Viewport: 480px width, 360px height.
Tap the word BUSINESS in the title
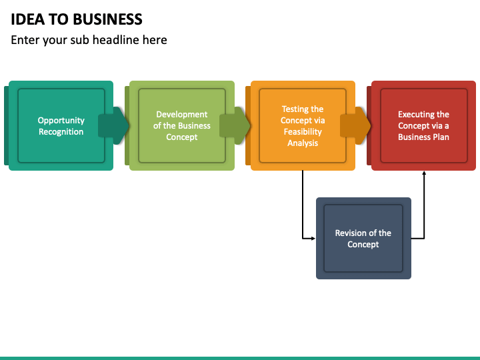pyautogui.click(x=107, y=19)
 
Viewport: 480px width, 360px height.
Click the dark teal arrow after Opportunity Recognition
pyautogui.click(x=113, y=125)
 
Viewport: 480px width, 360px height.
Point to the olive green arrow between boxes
pyautogui.click(x=235, y=125)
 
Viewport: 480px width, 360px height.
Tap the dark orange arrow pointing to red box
pyautogui.click(x=355, y=125)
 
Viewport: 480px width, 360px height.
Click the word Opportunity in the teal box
pyautogui.click(x=61, y=121)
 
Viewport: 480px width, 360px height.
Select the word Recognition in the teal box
pyautogui.click(x=61, y=131)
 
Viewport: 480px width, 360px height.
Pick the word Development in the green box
pyautogui.click(x=182, y=115)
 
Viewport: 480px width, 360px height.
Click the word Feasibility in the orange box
pyautogui.click(x=303, y=131)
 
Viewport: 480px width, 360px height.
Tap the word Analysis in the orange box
pyautogui.click(x=303, y=143)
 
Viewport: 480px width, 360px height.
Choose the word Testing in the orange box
pyautogui.click(x=294, y=109)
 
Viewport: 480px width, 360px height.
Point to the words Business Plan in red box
pyautogui.click(x=424, y=137)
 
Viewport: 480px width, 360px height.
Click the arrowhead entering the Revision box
pyautogui.click(x=313, y=238)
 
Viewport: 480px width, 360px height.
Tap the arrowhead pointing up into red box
pyautogui.click(x=424, y=173)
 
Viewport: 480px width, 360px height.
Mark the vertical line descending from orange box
pyautogui.click(x=303, y=204)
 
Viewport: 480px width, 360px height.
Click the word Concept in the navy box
pyautogui.click(x=363, y=244)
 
